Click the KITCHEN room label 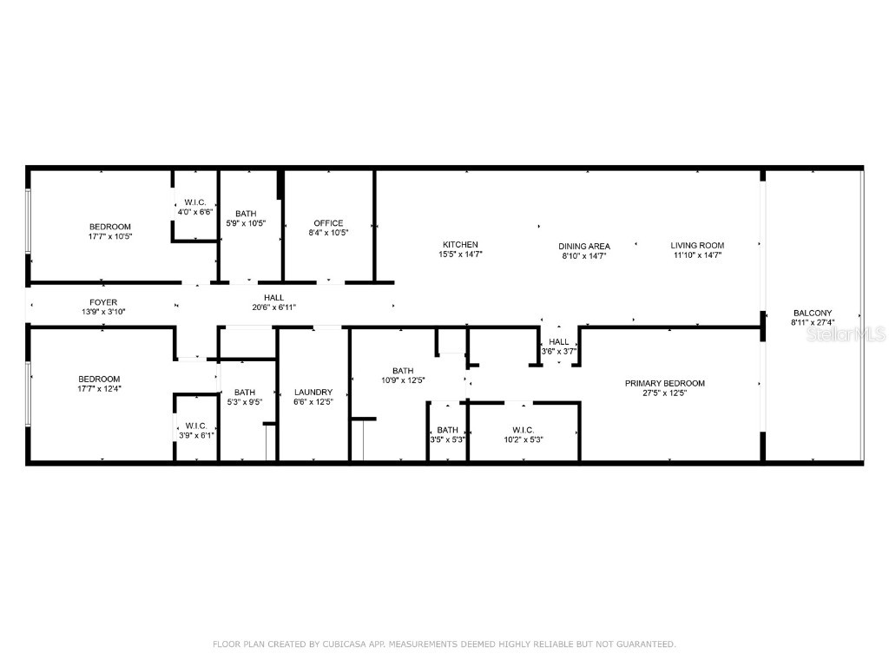point(460,245)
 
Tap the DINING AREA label point(584,246)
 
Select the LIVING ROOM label point(697,245)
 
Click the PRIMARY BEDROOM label point(665,383)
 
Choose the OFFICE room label point(328,223)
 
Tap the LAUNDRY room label point(313,392)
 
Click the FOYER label point(103,302)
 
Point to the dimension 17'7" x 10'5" point(109,236)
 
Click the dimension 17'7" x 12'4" point(99,388)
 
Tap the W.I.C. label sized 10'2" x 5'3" point(523,430)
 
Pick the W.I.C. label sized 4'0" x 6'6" point(194,202)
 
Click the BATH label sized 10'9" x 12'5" point(403,371)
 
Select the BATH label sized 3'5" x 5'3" point(448,430)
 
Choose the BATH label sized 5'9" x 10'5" point(246,214)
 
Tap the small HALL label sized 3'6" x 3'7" point(559,341)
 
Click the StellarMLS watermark point(846,333)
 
